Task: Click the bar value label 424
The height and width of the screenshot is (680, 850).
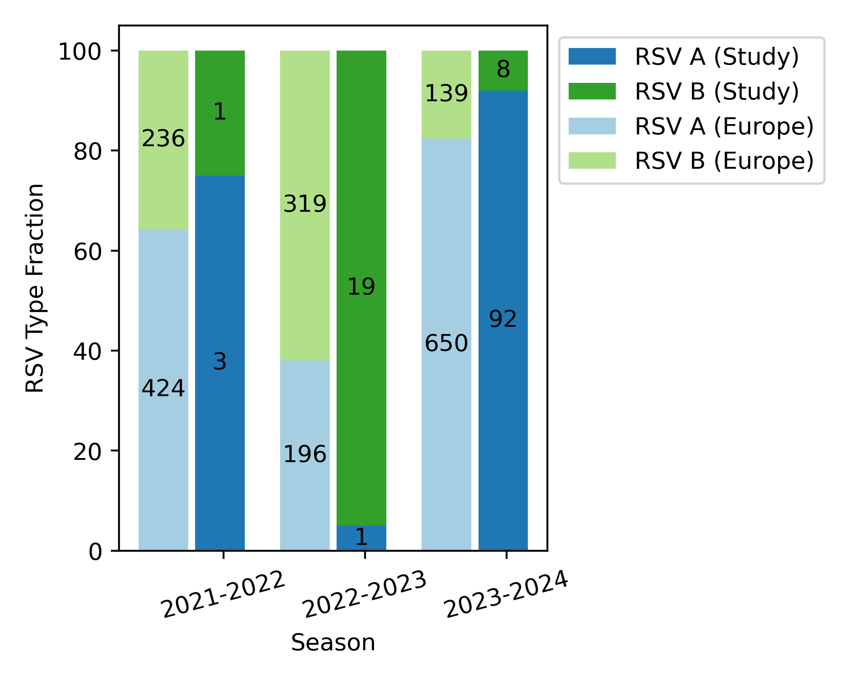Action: click(x=163, y=388)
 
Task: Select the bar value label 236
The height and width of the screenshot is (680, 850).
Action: click(x=163, y=139)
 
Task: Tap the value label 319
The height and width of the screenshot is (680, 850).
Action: click(x=305, y=204)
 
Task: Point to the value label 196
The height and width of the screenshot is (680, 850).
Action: click(x=305, y=454)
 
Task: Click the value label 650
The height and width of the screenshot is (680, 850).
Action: click(x=446, y=343)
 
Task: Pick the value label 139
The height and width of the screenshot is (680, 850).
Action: click(x=446, y=93)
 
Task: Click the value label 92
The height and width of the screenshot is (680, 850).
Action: click(x=503, y=319)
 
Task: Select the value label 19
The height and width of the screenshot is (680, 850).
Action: click(x=361, y=286)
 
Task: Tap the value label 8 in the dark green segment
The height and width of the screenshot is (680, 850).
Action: click(x=503, y=69)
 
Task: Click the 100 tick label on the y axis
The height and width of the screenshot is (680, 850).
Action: click(x=80, y=53)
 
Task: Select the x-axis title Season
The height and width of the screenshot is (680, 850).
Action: click(x=333, y=643)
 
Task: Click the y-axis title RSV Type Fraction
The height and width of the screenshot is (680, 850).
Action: click(x=35, y=288)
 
